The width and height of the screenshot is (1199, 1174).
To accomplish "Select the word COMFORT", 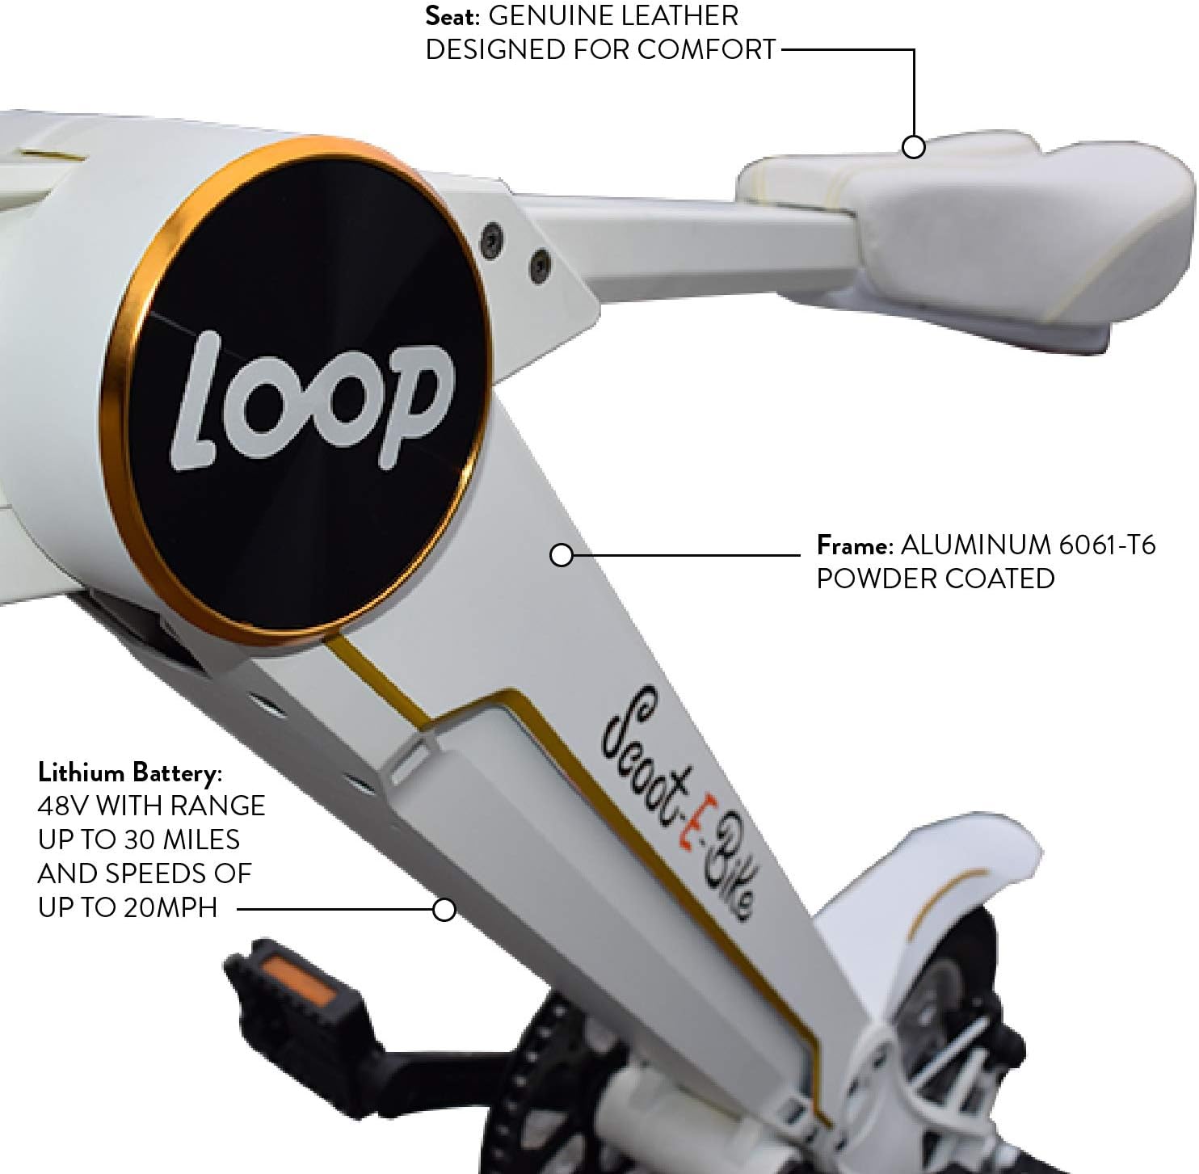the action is point(706,50).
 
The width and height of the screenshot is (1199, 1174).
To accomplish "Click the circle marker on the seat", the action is point(913,147).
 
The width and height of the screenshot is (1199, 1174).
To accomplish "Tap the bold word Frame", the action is point(854,545).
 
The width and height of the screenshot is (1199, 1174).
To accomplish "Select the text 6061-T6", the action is point(1107,545).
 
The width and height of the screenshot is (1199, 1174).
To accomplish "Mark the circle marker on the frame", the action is point(561,555).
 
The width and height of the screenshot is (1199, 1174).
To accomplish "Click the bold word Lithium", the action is point(81,772).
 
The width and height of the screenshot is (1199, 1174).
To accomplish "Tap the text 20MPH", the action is point(170,907).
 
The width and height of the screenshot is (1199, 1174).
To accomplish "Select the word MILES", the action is point(201,839).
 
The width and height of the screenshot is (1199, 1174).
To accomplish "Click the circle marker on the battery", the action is point(444,909).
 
